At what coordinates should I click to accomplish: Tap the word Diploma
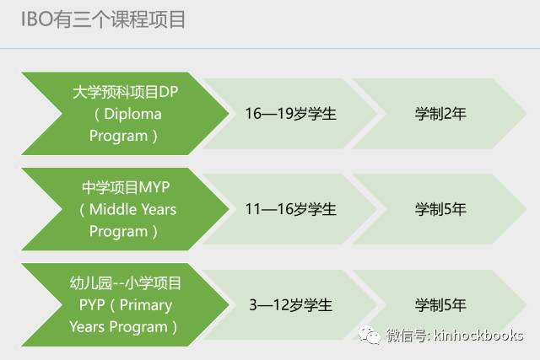coord(128,114)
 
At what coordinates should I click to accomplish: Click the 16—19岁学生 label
coord(290,114)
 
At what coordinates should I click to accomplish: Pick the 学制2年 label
coord(440,114)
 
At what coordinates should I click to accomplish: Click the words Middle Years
coord(128,209)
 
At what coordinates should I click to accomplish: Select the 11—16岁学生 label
coord(290,209)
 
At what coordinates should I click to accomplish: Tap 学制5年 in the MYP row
coord(440,209)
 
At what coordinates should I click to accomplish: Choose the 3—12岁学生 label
coord(290,304)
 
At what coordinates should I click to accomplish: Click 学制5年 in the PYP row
coord(440,304)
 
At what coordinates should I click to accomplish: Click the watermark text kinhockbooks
coord(478,336)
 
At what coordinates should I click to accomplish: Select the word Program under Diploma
coord(118,135)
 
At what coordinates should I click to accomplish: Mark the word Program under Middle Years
coord(118,231)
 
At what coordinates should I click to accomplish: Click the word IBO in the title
coord(35,19)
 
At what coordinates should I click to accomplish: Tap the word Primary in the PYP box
coord(145,304)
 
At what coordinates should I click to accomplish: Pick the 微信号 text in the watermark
coord(404,336)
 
